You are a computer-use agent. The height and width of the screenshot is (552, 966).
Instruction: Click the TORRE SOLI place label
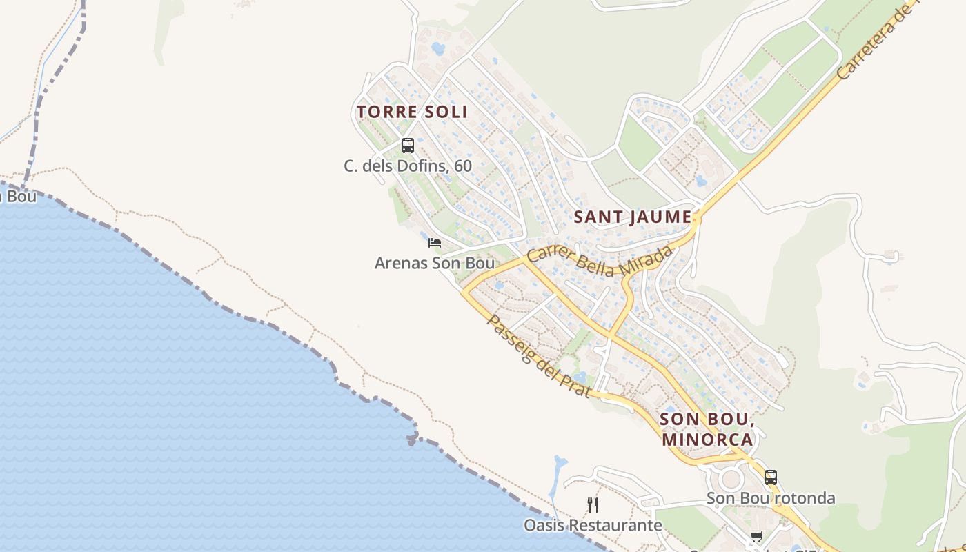412,112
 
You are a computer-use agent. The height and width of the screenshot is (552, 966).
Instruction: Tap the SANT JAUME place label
633,217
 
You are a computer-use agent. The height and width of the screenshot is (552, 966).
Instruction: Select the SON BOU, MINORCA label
706,428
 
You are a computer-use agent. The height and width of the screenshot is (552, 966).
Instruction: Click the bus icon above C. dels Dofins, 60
408,146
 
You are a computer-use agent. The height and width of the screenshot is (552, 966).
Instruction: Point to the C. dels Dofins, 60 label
408,166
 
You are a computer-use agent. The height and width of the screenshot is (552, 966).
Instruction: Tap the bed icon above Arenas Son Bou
434,243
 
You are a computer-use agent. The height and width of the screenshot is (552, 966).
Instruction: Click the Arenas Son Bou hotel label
434,263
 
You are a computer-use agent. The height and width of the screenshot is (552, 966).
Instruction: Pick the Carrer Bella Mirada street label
599,261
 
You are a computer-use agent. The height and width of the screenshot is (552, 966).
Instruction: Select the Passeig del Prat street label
539,356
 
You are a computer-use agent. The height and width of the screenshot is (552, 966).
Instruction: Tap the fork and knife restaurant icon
593,505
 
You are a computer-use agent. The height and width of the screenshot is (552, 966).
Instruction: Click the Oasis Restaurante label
593,526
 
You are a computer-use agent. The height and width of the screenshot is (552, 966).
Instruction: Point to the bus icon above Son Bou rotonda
771,477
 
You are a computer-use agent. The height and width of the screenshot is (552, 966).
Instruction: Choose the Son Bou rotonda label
771,498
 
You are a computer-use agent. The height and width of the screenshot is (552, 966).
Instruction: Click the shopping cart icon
757,537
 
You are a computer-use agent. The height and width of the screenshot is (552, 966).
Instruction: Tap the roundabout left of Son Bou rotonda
731,479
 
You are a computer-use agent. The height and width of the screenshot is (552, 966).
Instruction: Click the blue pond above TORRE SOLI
437,49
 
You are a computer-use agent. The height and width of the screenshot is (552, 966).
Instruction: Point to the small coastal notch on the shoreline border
413,437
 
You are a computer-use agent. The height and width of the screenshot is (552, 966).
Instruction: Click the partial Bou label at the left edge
17,196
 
